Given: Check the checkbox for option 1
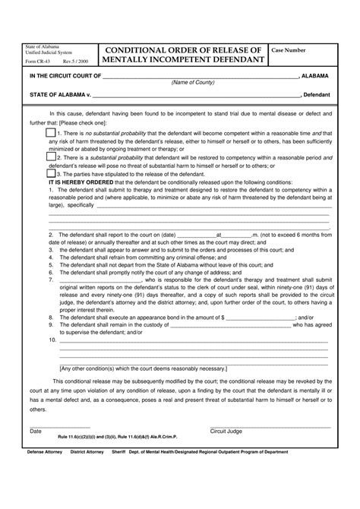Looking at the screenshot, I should point(50,132).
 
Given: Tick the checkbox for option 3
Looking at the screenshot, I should point(50,174).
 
